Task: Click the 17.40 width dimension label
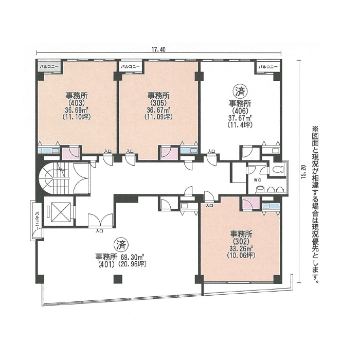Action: tap(158, 49)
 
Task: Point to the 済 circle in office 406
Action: tap(240, 91)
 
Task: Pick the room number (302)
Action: tap(242, 241)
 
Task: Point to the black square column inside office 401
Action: tap(118, 279)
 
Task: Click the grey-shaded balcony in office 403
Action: tap(50, 67)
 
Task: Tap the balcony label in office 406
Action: tap(268, 67)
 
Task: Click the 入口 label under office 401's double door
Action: tap(99, 231)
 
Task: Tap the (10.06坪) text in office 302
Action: tap(241, 255)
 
